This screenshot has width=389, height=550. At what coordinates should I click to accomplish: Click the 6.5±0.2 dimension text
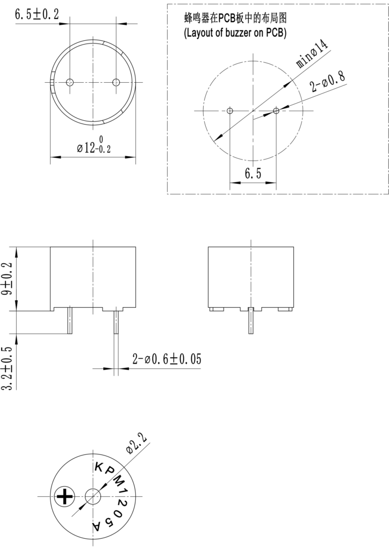point(37,15)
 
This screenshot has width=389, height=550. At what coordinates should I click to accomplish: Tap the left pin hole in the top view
point(69,82)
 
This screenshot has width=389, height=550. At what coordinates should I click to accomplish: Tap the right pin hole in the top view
point(116,82)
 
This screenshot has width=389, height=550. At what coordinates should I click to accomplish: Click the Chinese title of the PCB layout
point(236,18)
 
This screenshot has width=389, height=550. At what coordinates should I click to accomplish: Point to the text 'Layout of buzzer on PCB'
point(236,32)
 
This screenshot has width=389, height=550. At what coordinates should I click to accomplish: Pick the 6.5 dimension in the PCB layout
point(253,173)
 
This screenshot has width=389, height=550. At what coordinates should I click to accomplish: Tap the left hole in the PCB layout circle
point(230,111)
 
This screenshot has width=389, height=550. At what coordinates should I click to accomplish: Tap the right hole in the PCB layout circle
point(276,111)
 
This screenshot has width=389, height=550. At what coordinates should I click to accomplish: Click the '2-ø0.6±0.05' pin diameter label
point(167,359)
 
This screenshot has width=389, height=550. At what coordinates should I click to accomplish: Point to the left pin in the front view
point(69,321)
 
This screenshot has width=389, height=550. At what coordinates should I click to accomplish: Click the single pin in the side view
point(250,321)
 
